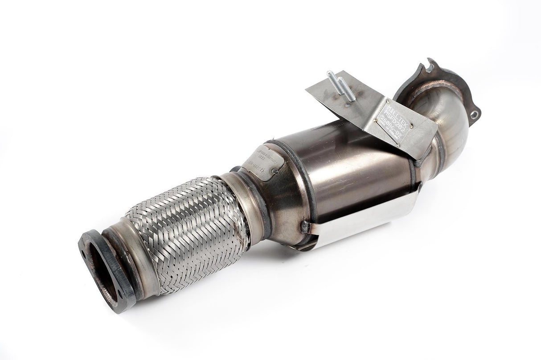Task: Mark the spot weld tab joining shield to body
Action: [x=306, y=226]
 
